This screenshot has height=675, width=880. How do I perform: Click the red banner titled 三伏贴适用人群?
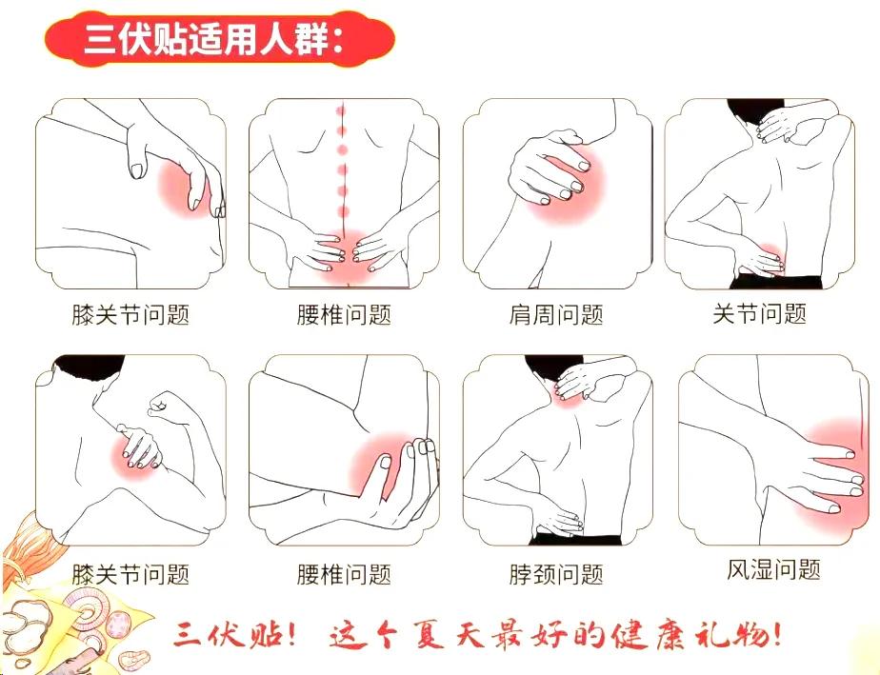tap(219, 39)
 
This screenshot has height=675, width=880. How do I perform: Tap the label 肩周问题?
tap(556, 315)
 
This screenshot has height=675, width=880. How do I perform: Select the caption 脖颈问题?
tap(556, 574)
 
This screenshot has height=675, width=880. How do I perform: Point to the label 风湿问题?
tap(773, 569)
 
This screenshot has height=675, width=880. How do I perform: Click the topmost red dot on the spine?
tap(340, 110)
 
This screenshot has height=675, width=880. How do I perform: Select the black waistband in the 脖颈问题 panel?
tap(575, 539)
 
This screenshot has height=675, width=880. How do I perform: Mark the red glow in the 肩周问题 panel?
tap(567, 183)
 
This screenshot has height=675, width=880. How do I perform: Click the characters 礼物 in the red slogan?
tap(725, 636)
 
